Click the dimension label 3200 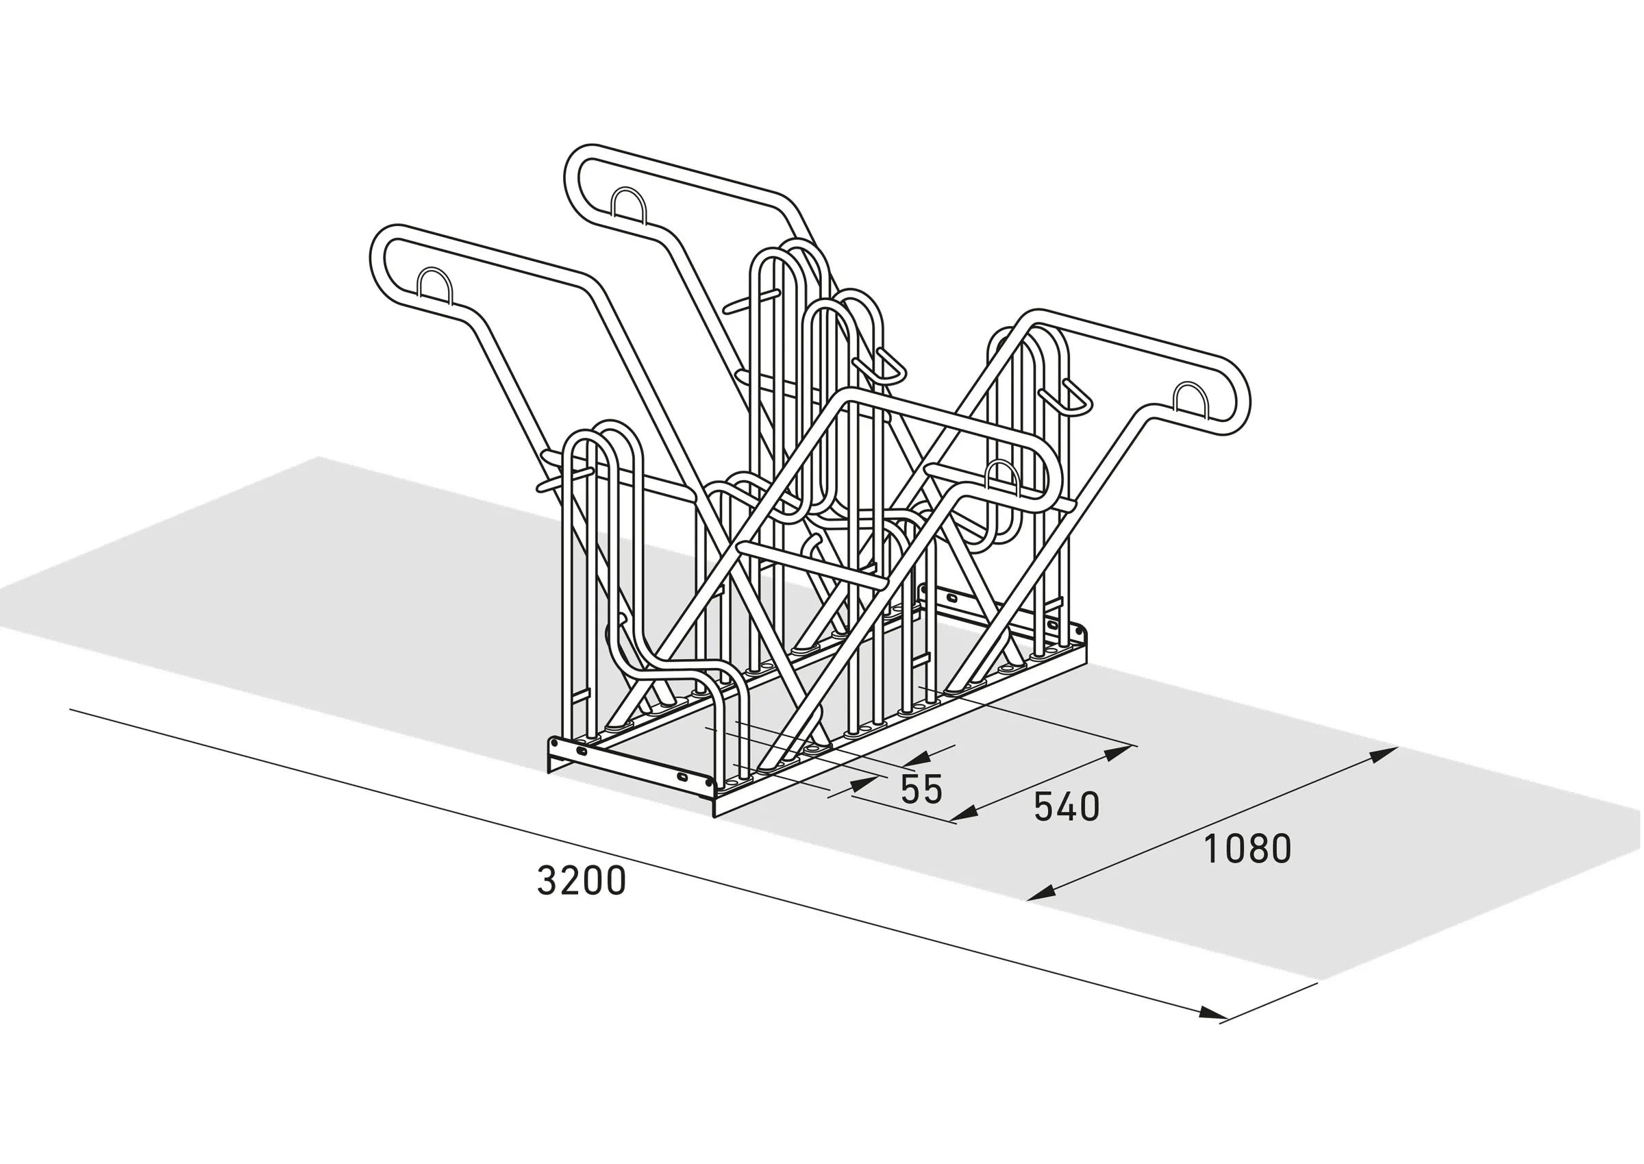point(581,881)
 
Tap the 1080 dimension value point(1247,849)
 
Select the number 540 point(1067,807)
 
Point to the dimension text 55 point(921,789)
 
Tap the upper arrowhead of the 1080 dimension point(1383,754)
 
